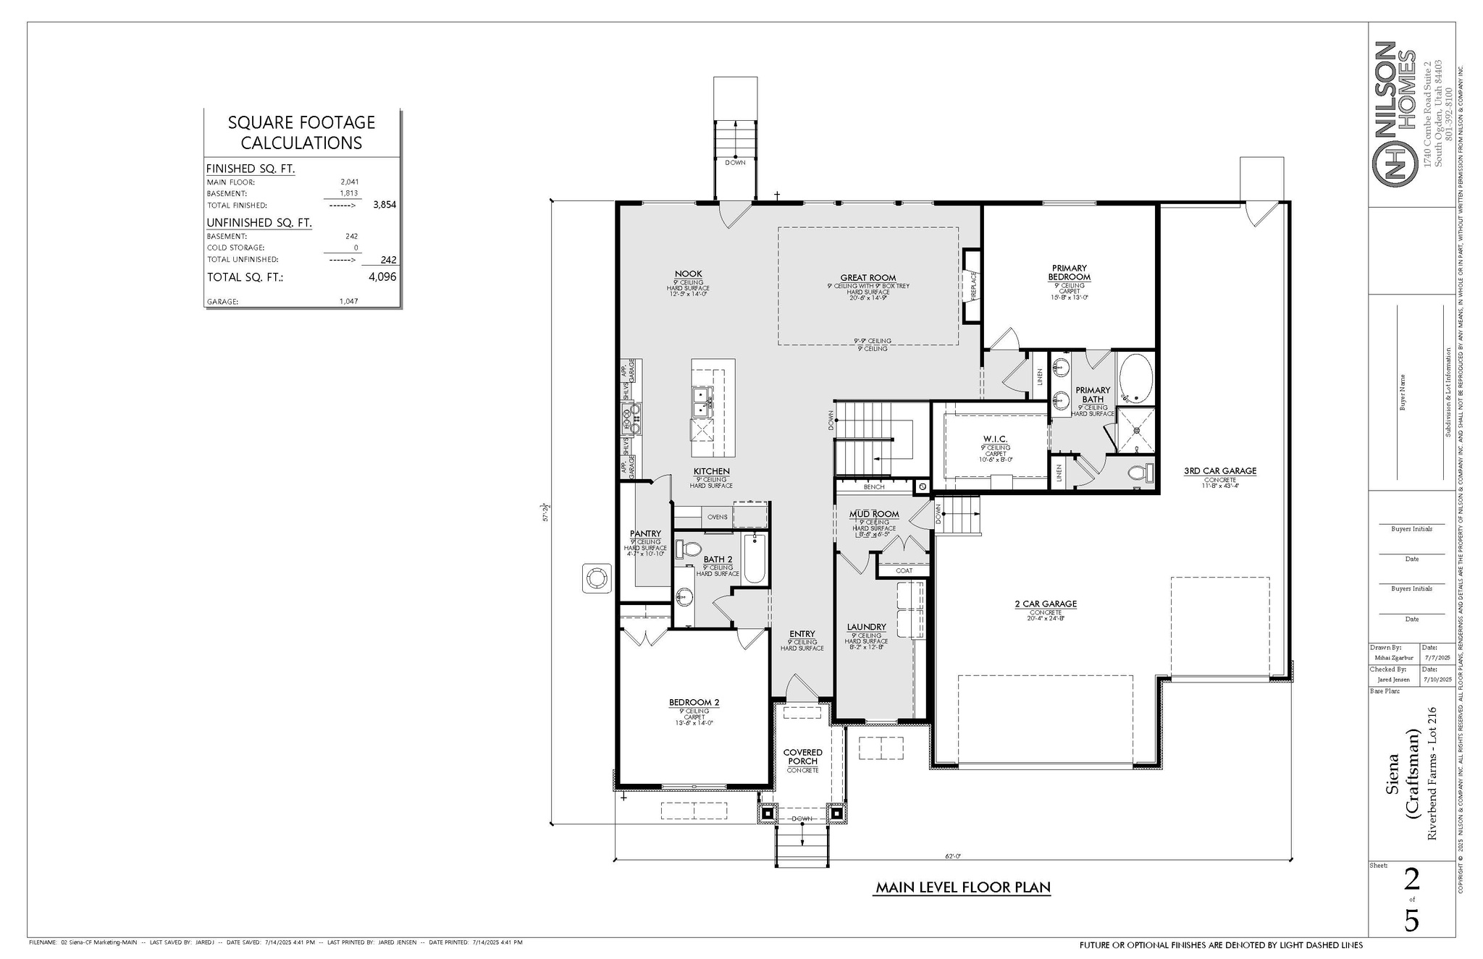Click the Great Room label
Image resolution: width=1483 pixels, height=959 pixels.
[867, 277]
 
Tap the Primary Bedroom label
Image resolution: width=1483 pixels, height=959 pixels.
[1069, 273]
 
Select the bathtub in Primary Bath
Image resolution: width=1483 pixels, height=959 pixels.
[1134, 378]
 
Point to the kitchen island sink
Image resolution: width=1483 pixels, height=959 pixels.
[195, 402]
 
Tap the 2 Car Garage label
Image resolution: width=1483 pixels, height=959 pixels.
[1046, 604]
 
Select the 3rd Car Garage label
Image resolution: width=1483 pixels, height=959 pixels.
[1219, 470]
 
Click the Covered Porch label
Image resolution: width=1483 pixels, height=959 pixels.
[802, 756]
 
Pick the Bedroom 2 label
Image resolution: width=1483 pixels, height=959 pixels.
[694, 702]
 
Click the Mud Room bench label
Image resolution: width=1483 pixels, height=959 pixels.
[873, 487]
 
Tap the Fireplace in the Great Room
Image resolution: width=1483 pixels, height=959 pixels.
[972, 286]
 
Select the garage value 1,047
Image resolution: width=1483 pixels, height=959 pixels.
[348, 301]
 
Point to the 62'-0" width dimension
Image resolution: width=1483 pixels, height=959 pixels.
[953, 856]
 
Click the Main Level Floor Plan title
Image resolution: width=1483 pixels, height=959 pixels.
[962, 887]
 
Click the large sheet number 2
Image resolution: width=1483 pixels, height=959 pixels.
[1411, 880]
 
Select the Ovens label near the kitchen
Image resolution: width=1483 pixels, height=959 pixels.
[717, 517]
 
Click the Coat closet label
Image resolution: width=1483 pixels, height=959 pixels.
[904, 570]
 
